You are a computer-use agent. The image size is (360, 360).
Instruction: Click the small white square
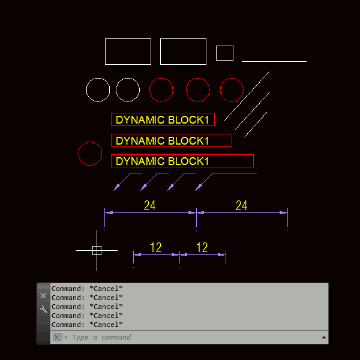coord(224,53)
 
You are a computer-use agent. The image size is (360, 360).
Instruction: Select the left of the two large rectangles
coord(128,52)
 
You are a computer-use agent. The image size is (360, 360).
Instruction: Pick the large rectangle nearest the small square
coord(183,52)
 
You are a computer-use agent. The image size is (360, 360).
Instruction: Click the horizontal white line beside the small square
coord(274,61)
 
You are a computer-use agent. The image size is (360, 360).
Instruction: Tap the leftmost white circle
coord(98,90)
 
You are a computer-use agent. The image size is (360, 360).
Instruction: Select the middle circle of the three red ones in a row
coord(198,90)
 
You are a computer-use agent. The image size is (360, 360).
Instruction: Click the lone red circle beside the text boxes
coord(90,154)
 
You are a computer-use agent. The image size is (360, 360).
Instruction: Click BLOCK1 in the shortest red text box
coord(188,120)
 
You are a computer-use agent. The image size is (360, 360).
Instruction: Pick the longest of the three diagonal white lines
coord(247,96)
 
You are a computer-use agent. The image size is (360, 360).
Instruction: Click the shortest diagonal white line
coord(256,124)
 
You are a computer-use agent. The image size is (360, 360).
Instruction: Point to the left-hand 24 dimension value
coord(150,206)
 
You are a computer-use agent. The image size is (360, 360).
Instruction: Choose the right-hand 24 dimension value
coord(241,206)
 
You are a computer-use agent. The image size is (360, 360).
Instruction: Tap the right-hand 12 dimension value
coord(202,247)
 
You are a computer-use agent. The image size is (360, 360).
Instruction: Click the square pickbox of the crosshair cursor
coord(97,250)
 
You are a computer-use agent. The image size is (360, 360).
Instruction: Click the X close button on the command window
coord(43,296)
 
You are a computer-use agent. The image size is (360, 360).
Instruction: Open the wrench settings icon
coord(43,309)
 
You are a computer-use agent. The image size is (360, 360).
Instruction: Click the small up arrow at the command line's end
coord(324,337)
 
